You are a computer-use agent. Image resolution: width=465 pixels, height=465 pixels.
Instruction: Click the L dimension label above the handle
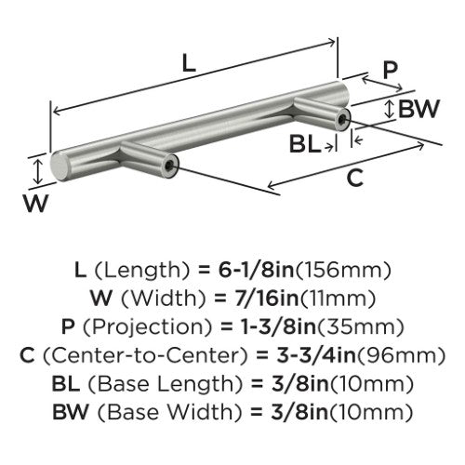point(189,63)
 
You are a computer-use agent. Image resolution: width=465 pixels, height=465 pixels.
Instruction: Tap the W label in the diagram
point(36,203)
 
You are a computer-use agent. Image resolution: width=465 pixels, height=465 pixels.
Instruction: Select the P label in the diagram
point(390,70)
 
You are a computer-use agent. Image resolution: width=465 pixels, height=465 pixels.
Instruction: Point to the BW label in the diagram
point(418,109)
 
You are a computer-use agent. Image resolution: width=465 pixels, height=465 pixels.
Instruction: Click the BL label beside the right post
point(305,144)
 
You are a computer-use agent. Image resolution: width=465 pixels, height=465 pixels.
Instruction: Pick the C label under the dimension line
point(354,178)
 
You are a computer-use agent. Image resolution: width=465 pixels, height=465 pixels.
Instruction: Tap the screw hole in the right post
point(342,118)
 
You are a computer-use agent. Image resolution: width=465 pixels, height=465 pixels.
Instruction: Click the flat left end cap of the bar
point(59,166)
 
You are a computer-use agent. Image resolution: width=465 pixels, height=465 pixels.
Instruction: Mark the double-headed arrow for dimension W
point(37,171)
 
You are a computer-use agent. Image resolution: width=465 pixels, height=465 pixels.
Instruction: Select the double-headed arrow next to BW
point(390,109)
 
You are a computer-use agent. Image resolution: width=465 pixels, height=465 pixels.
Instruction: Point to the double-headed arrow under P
point(382,84)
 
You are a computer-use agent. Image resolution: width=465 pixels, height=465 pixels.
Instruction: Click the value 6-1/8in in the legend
point(256,270)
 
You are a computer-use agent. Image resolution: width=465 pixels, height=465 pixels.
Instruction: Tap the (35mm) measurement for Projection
point(360,326)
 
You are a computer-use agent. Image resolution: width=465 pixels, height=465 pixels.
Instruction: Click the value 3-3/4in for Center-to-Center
point(316,355)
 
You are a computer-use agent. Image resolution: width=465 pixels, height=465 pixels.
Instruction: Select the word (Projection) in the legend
point(147,327)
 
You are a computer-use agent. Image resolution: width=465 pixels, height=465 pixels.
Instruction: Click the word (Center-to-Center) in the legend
point(146,355)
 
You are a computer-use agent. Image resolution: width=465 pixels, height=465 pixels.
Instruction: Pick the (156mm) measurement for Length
point(342,270)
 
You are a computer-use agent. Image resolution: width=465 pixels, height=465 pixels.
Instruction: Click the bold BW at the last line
point(71,412)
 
